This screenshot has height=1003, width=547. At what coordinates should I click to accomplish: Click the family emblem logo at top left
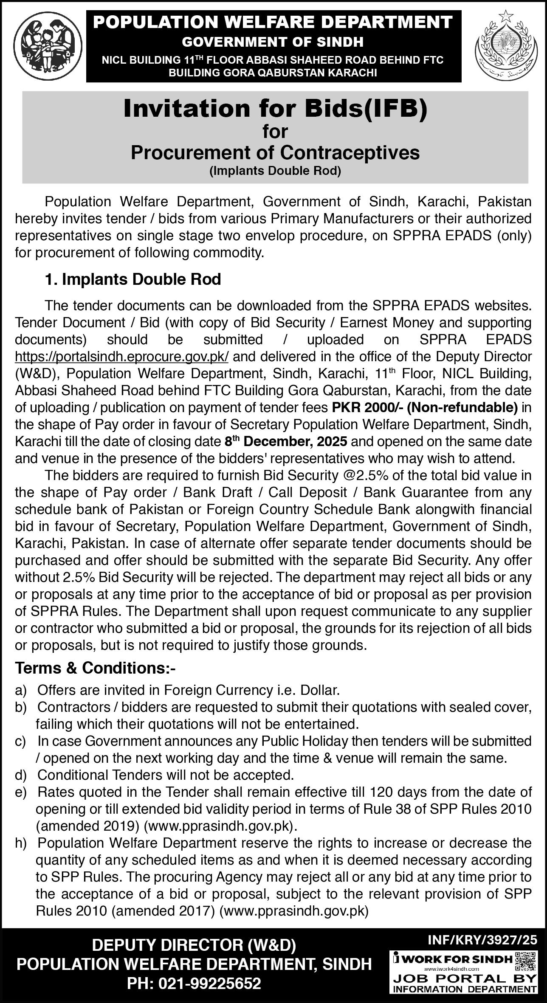pos(46,45)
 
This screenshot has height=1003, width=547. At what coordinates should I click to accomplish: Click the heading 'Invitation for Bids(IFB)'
pos(275,109)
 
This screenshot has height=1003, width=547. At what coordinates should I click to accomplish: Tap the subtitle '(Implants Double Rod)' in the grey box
pos(275,171)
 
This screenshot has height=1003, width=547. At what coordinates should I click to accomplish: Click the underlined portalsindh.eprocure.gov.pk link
pos(122,356)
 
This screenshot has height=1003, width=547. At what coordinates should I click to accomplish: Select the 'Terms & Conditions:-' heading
pos(95,668)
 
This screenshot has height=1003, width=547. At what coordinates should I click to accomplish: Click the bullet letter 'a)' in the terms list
pos(21,690)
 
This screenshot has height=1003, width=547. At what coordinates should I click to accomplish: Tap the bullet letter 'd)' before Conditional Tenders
pos(21,775)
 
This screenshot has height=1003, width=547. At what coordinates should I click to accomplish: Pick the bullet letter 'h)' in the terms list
pos(21,843)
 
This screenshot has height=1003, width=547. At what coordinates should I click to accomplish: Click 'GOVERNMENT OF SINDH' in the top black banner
pos(273,42)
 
